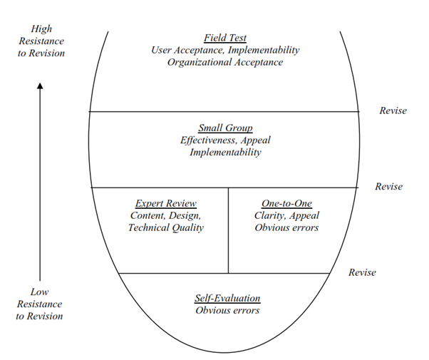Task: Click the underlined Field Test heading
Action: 225,38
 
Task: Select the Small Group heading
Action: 225,128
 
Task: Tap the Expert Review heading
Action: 166,203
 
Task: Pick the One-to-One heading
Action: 286,203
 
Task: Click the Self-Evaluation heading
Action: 227,298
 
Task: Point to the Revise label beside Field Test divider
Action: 393,110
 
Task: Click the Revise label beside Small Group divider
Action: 388,187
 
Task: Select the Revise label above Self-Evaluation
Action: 362,272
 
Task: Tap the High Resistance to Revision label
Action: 41,41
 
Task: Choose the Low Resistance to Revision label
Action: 40,304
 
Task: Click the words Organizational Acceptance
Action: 225,62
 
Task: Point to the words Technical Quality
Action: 166,227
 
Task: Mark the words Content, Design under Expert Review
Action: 166,215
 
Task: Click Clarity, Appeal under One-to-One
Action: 286,215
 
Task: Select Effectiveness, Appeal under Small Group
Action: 225,140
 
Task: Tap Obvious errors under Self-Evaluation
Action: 227,310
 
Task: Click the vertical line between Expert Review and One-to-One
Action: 228,230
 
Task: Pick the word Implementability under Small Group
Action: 225,153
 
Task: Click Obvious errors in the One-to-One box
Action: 286,227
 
